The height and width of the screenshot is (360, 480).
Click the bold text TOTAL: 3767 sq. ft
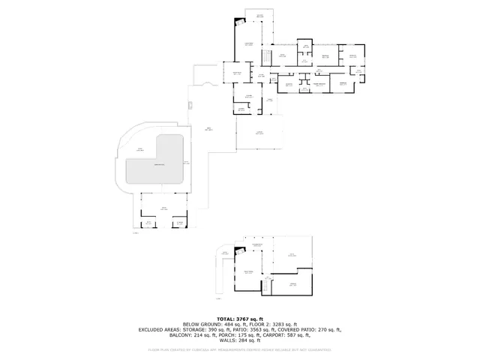(x=239, y=318)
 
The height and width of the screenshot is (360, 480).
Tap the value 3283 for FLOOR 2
(x=271, y=323)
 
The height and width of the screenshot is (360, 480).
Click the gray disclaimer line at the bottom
(x=239, y=349)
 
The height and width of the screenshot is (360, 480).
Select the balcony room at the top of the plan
(x=260, y=16)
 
